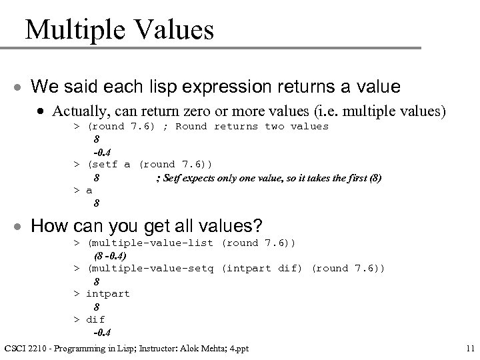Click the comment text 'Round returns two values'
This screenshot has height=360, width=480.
[x=252, y=126]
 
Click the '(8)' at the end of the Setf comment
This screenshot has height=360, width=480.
[x=374, y=178]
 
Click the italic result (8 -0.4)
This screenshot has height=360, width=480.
[x=110, y=255]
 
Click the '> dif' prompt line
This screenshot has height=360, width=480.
[x=89, y=319]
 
